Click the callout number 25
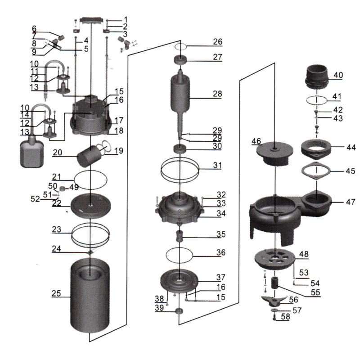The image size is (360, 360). click(x=56, y=293)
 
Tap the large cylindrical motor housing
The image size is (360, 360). click(x=90, y=297)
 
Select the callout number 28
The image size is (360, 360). click(x=218, y=94)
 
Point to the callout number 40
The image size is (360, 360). click(x=338, y=75)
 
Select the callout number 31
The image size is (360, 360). click(x=217, y=165)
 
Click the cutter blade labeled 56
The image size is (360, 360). click(x=276, y=300)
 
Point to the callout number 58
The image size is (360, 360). click(x=286, y=317)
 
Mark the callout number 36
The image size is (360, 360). click(x=220, y=252)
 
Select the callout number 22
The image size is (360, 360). click(x=57, y=203)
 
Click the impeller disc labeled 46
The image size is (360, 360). click(x=274, y=152)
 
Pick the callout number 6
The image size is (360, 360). click(x=34, y=28)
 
